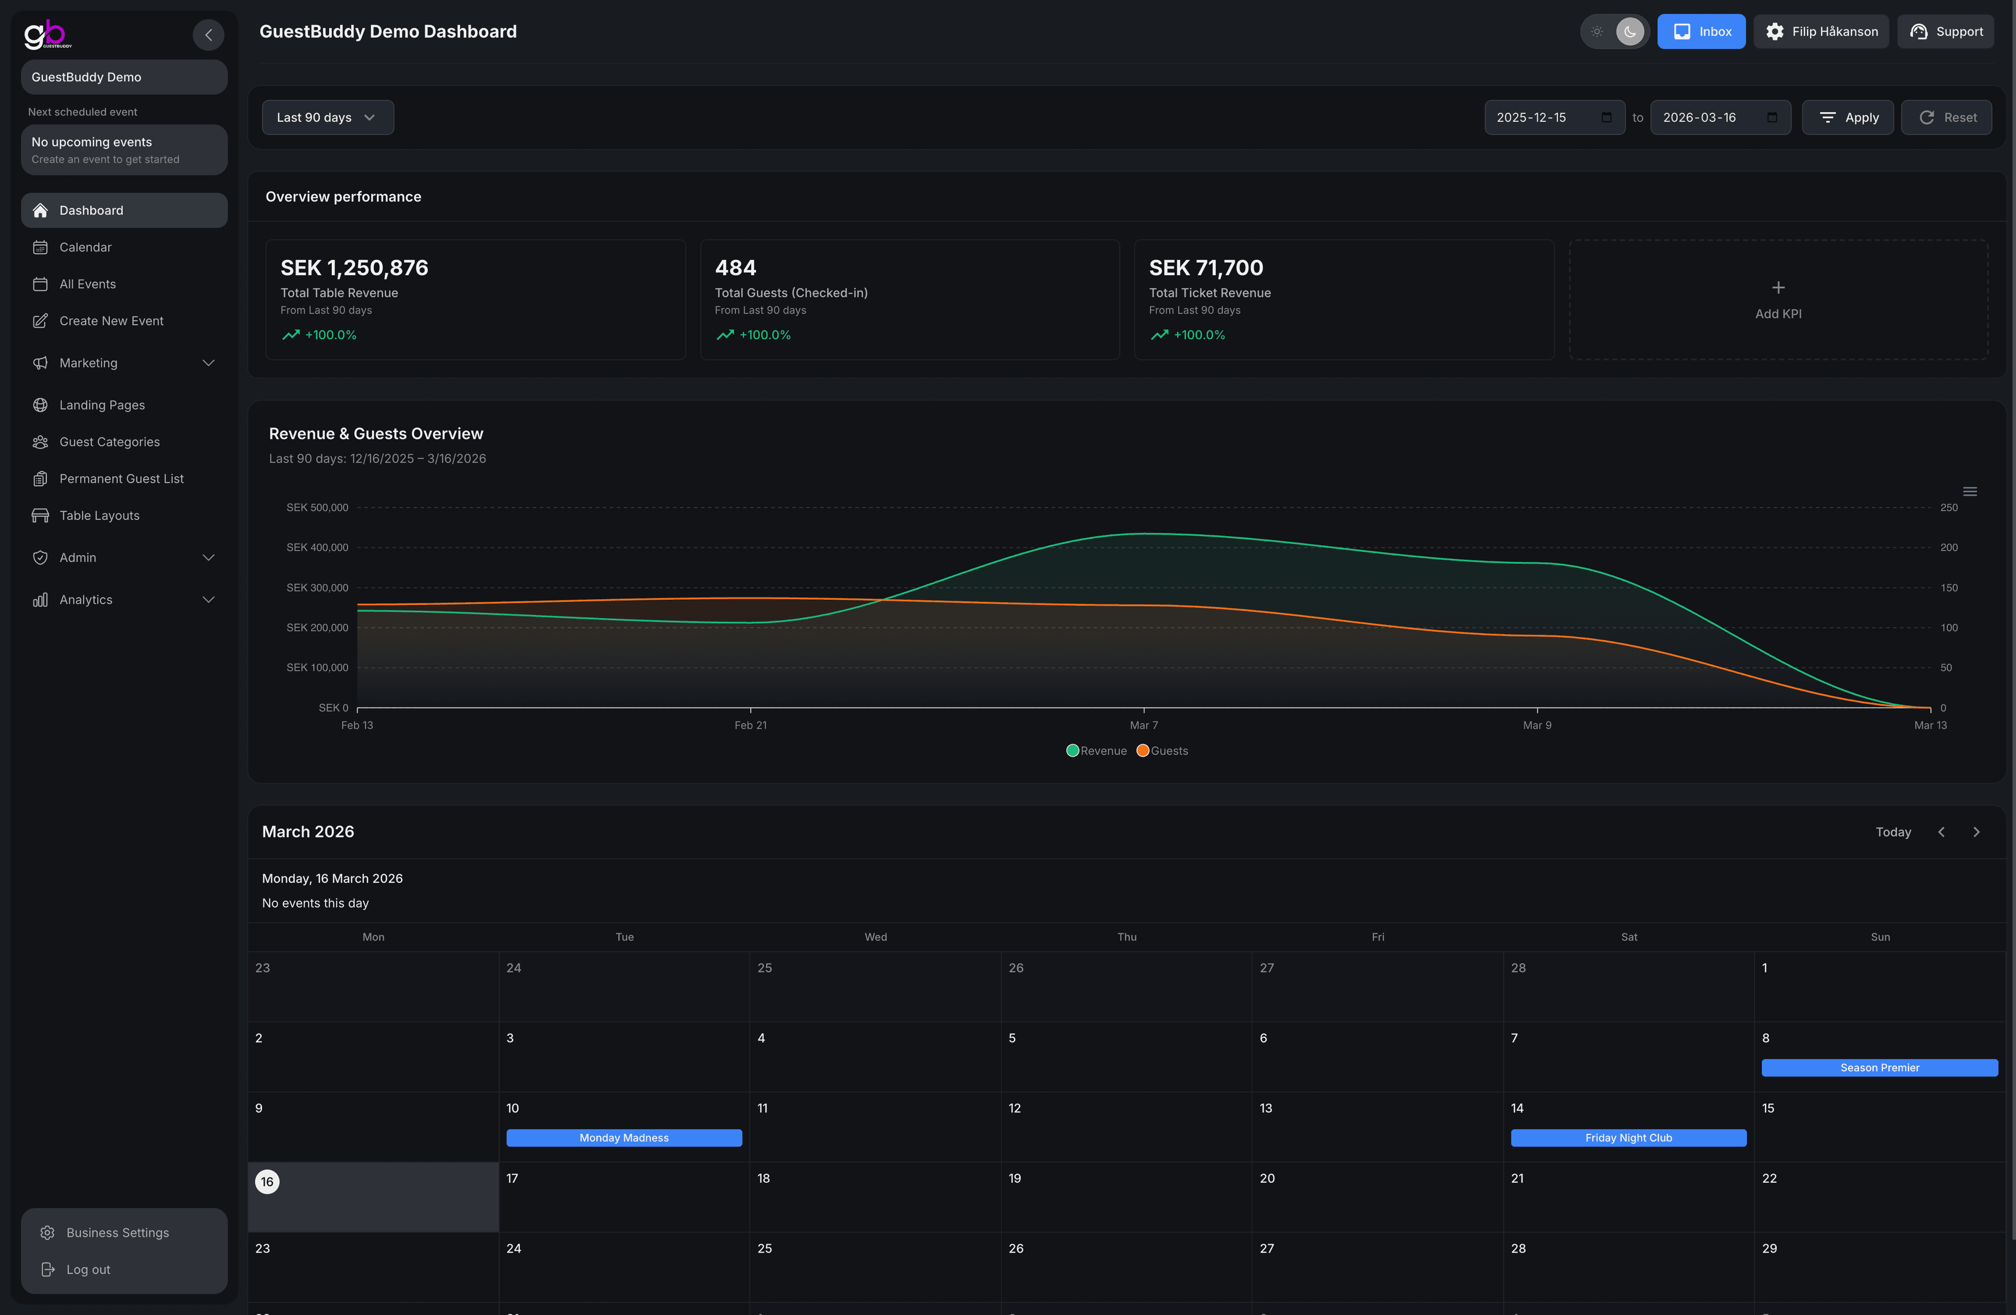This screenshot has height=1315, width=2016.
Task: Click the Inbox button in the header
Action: click(x=1701, y=32)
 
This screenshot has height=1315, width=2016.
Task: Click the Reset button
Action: click(x=1947, y=117)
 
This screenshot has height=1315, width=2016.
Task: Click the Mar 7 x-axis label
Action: click(x=1143, y=725)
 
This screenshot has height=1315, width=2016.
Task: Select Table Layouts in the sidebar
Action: click(x=99, y=515)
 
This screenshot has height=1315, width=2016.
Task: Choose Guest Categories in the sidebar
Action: click(x=109, y=442)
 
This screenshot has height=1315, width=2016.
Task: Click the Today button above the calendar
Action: click(x=1893, y=832)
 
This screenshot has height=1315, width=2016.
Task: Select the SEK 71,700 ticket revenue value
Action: click(x=1205, y=268)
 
